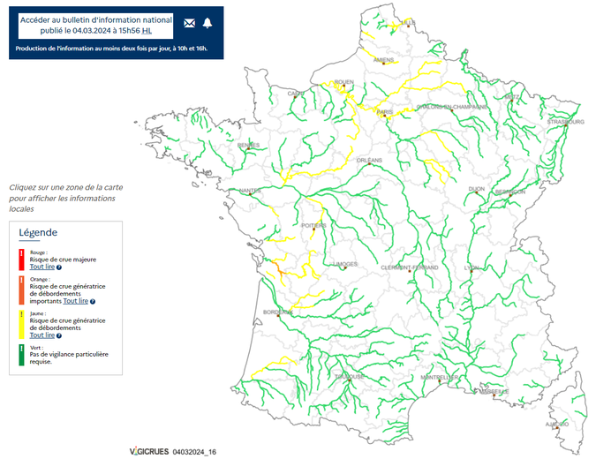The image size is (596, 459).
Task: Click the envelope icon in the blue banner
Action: (x=190, y=23)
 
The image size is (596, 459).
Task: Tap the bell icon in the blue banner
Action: (x=207, y=23)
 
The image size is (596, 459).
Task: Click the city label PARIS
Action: (x=384, y=112)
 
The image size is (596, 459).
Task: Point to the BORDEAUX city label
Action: (x=276, y=312)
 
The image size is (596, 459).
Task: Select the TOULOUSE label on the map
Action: (x=349, y=376)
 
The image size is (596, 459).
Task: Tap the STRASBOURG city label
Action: (x=565, y=121)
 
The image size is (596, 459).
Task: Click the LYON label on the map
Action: (x=472, y=267)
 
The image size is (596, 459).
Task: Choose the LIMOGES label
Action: (x=347, y=264)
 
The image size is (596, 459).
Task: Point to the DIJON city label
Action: (x=477, y=189)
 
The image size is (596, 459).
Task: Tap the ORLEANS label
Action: (x=368, y=161)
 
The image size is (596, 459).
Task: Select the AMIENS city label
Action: (x=383, y=60)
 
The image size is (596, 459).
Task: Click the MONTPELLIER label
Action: (x=439, y=377)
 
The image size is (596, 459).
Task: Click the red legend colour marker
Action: (x=22, y=258)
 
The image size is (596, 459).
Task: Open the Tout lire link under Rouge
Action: (x=42, y=267)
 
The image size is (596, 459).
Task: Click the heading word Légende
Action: (x=38, y=232)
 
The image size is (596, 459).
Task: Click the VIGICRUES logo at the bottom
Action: (x=148, y=451)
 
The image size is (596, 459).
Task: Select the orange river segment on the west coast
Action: (x=277, y=267)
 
